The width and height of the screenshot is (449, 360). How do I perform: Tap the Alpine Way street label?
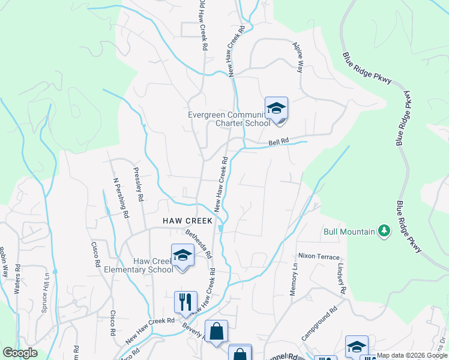pyautogui.click(x=298, y=57)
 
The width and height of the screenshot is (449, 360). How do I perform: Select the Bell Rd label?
pyautogui.click(x=279, y=142)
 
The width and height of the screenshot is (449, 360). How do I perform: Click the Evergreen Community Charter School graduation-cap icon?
pyautogui.click(x=276, y=109)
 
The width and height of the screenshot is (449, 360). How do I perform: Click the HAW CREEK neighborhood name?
pyautogui.click(x=187, y=221)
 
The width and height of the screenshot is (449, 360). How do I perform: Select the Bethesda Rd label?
pyautogui.click(x=199, y=244)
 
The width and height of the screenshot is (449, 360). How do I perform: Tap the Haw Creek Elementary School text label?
pyautogui.click(x=153, y=265)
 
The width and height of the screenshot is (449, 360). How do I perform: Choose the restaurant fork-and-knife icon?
pyautogui.click(x=185, y=302)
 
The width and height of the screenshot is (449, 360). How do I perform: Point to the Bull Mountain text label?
pyautogui.click(x=349, y=231)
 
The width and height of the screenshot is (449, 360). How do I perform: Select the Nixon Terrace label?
pyautogui.click(x=319, y=256)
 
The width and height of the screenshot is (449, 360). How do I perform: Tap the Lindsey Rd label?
pyautogui.click(x=342, y=278)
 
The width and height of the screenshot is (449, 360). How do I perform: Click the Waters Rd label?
pyautogui.click(x=17, y=278)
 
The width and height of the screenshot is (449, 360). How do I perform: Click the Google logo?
pyautogui.click(x=20, y=353)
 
